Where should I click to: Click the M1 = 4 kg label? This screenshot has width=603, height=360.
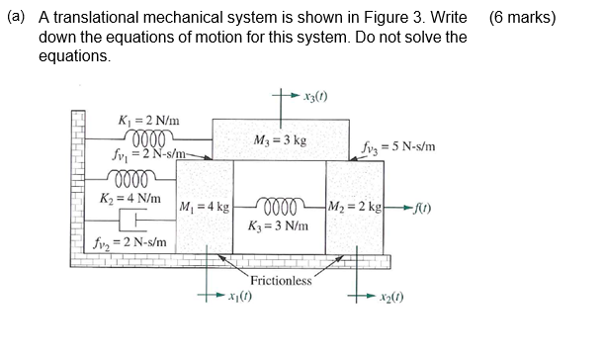[x=205, y=208]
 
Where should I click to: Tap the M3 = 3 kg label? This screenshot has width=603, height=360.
[x=280, y=140]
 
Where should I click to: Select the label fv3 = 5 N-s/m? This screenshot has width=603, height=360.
[x=398, y=148]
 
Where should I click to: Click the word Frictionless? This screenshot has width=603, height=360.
[x=281, y=281]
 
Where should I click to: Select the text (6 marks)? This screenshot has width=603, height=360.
[x=522, y=18]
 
